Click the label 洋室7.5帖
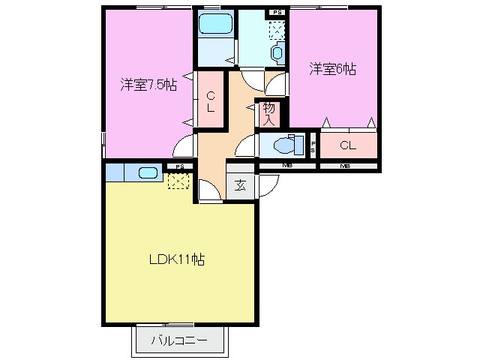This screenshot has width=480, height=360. [x=148, y=85]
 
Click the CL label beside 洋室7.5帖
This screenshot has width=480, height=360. [x=211, y=100]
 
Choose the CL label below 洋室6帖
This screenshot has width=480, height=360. [x=347, y=145]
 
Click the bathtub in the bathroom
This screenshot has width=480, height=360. [x=215, y=26]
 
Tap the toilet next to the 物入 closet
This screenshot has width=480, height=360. [x=286, y=145]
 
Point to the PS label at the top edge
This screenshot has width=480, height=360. [x=277, y=12]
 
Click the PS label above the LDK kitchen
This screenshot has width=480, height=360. [x=178, y=166]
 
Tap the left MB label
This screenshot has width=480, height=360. [x=287, y=166]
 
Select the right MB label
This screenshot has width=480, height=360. [x=346, y=166]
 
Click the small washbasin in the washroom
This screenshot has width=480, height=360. [x=277, y=52]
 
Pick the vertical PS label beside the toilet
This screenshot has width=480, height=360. [x=313, y=145]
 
